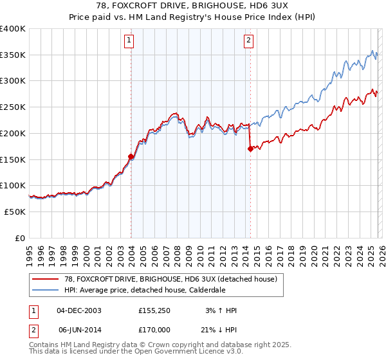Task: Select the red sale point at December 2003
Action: [x=131, y=156]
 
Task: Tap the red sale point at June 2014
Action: [x=250, y=148]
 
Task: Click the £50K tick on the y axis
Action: [x=15, y=212]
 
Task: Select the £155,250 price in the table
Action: [x=153, y=310]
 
